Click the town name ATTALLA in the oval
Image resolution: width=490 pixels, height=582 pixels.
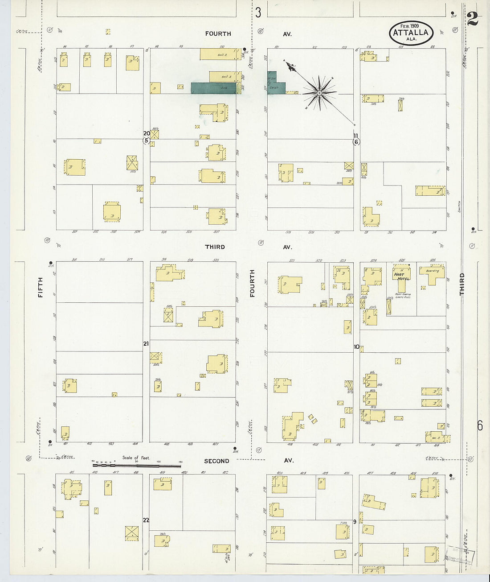click(x=411, y=33)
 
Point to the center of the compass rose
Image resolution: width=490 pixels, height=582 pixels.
click(x=319, y=93)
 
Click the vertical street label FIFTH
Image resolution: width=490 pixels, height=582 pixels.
click(x=41, y=287)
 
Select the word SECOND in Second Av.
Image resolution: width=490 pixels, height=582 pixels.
click(x=216, y=461)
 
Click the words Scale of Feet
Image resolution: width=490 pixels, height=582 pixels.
click(x=136, y=458)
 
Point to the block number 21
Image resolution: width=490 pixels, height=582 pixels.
click(x=146, y=343)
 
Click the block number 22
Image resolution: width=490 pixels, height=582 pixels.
click(x=146, y=520)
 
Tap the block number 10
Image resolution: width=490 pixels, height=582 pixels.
click(x=356, y=347)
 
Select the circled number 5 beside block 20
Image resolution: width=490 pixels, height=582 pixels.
click(x=146, y=140)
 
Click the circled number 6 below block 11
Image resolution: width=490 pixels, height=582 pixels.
click(x=356, y=142)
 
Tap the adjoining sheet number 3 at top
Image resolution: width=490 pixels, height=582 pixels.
click(x=258, y=12)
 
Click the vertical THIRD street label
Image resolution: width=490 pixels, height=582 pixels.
click(x=462, y=284)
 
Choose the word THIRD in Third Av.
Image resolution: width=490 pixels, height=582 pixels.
click(x=215, y=247)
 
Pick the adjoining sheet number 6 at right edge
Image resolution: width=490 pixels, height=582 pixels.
click(x=480, y=425)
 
